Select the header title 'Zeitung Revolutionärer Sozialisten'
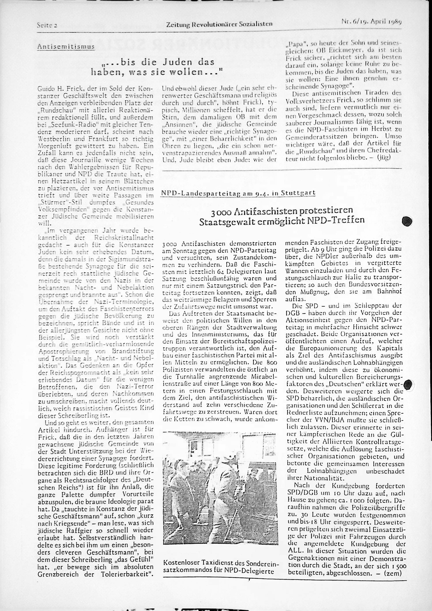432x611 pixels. (219, 24)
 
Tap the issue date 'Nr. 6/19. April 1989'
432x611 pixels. (371, 22)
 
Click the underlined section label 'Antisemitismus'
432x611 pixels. (66, 47)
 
